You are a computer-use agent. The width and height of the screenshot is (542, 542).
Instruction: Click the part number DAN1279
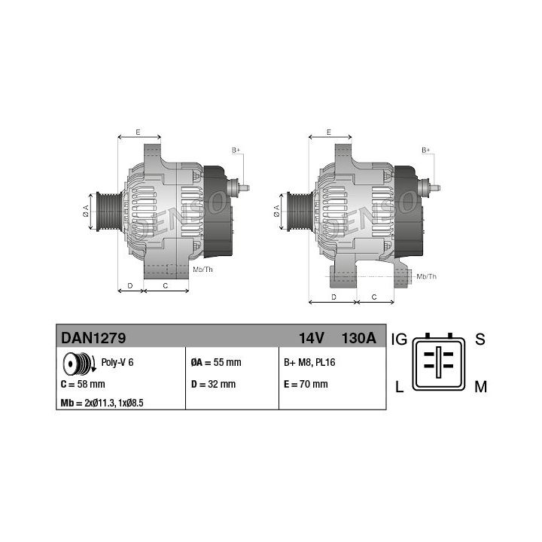point(93,338)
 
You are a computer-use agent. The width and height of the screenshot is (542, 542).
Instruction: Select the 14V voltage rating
point(312,338)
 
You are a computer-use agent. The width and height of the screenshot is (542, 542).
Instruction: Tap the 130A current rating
point(359,338)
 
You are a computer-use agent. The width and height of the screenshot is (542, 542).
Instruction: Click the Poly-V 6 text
point(117,362)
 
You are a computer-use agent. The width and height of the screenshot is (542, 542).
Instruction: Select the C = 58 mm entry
point(83,384)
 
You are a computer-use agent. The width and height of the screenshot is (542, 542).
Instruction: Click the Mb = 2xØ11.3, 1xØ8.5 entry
point(102,403)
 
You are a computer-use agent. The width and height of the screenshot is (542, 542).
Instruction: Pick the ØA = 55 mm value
point(216,362)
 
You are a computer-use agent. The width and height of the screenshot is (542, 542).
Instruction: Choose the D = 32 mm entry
point(213,384)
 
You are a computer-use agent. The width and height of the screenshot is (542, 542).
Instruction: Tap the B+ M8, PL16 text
point(309,362)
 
